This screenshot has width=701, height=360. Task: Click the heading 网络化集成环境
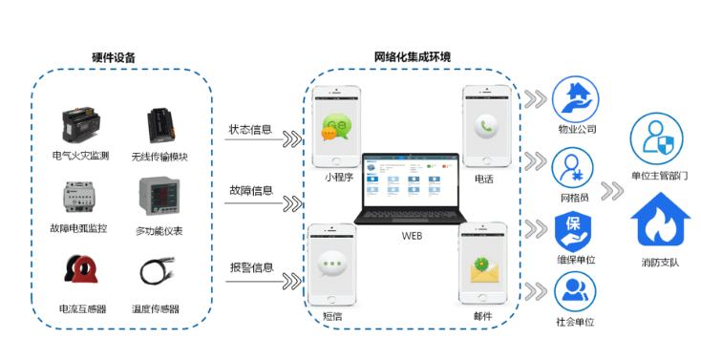coord(412,57)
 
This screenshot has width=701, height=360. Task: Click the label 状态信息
coord(250,129)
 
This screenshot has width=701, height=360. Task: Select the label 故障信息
coord(250,188)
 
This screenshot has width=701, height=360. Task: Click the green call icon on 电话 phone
coord(487,126)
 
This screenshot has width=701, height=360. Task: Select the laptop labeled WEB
coord(412,187)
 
